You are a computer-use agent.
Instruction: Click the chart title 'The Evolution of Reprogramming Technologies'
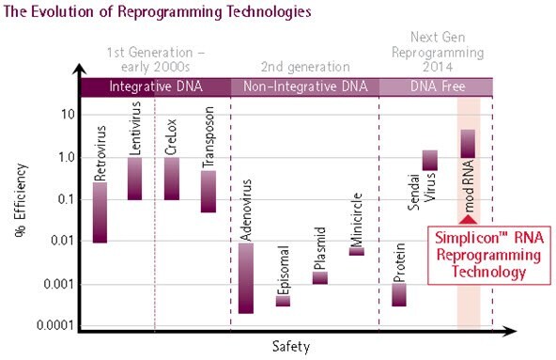click(156, 13)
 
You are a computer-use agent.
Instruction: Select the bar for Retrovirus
click(100, 212)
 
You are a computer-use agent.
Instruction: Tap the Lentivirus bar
click(135, 179)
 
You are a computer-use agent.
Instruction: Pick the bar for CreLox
click(171, 179)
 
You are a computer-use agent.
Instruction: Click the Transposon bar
click(208, 192)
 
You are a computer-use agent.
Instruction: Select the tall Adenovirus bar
click(245, 277)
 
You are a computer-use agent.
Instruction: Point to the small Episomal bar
click(283, 301)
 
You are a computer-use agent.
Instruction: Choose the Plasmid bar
click(319, 277)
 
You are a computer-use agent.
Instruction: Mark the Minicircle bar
click(357, 251)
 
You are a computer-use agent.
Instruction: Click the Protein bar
click(399, 294)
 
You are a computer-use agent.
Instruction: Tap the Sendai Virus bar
click(430, 161)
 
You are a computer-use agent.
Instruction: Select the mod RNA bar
click(468, 144)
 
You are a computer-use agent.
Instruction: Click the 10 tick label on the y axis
click(68, 115)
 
